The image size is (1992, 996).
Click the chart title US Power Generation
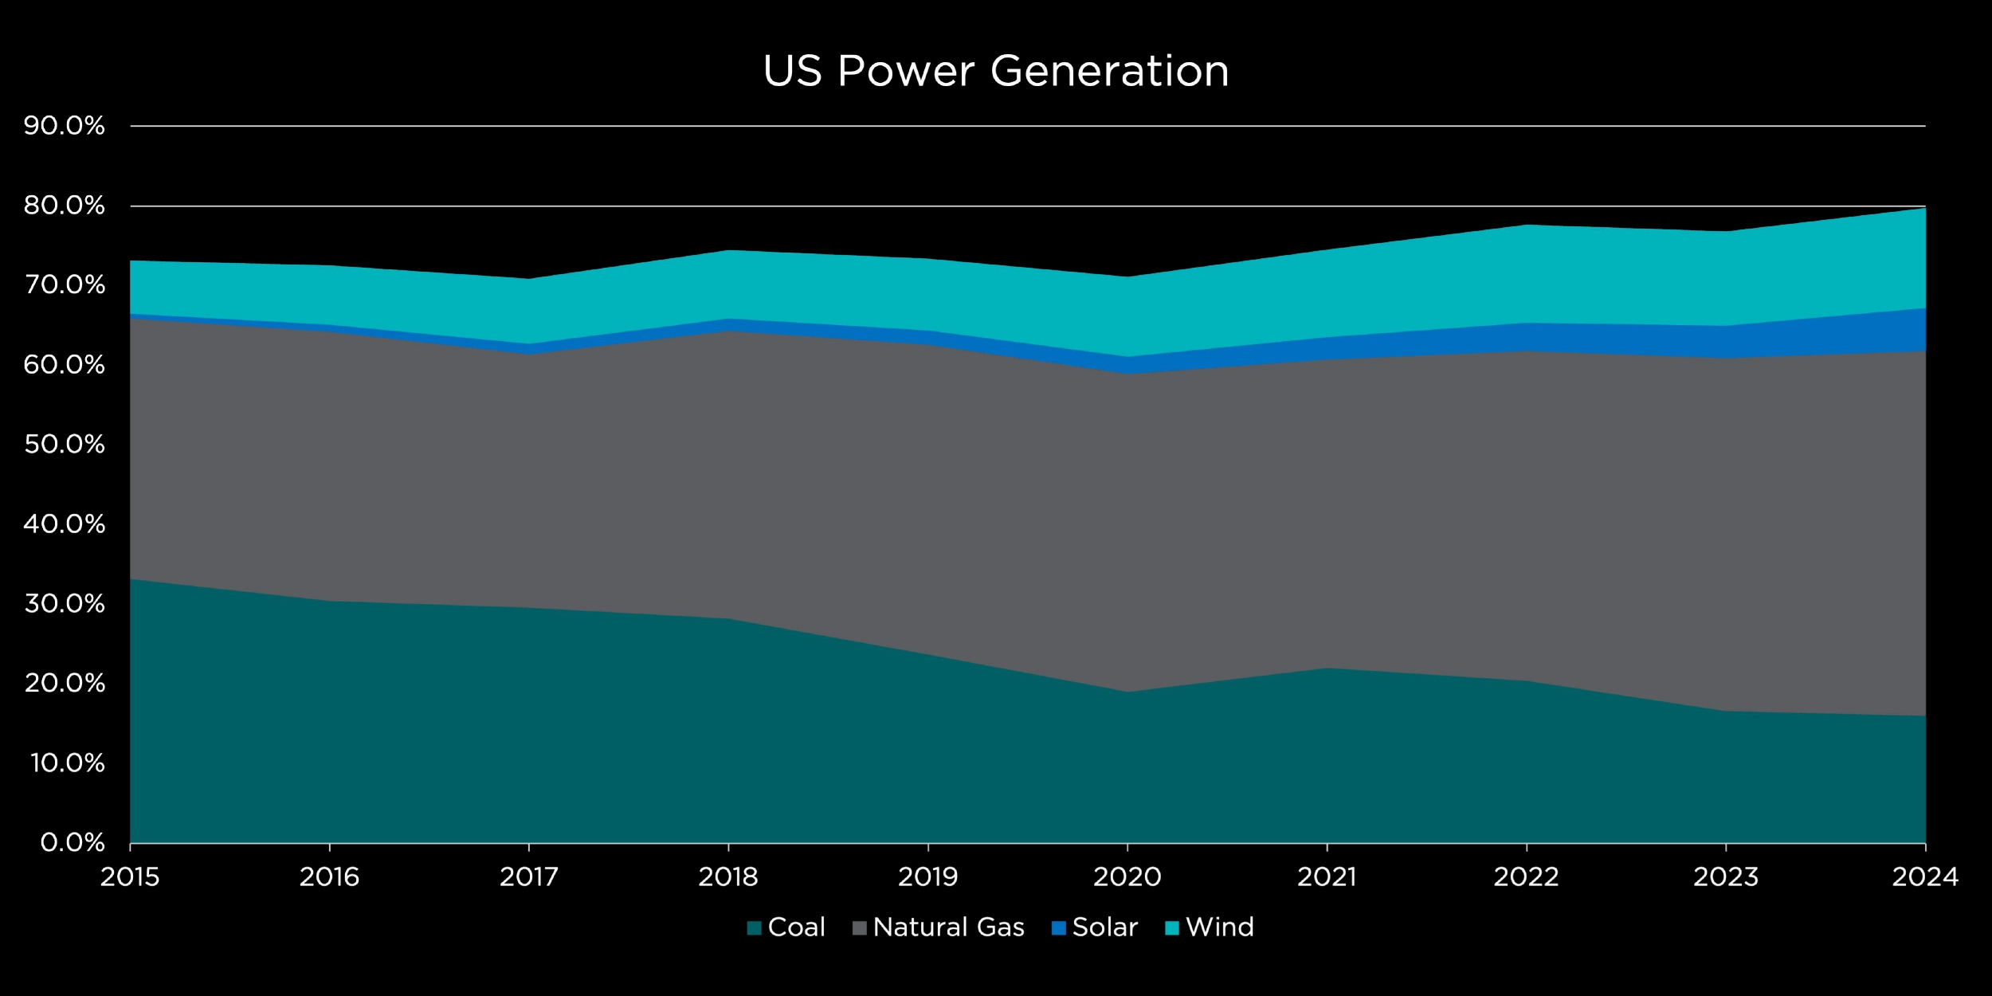[x=996, y=72]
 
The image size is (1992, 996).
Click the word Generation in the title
[x=1110, y=72]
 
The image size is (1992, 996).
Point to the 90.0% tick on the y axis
[x=65, y=126]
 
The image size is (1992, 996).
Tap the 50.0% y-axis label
[x=65, y=445]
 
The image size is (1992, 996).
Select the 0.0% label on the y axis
[x=73, y=843]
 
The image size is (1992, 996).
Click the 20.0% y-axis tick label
[x=65, y=684]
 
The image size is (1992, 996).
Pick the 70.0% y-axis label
[x=65, y=285]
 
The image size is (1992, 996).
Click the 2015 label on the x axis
[x=130, y=877]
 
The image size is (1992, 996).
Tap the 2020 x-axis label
[x=1127, y=877]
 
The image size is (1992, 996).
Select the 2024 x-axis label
[x=1925, y=877]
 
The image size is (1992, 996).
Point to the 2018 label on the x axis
[x=728, y=877]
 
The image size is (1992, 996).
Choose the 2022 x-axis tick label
[x=1526, y=877]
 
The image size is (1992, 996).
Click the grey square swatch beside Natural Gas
[x=859, y=928]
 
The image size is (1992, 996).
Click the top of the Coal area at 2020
[x=1127, y=692]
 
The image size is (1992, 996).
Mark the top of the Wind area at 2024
[x=1923, y=209]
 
